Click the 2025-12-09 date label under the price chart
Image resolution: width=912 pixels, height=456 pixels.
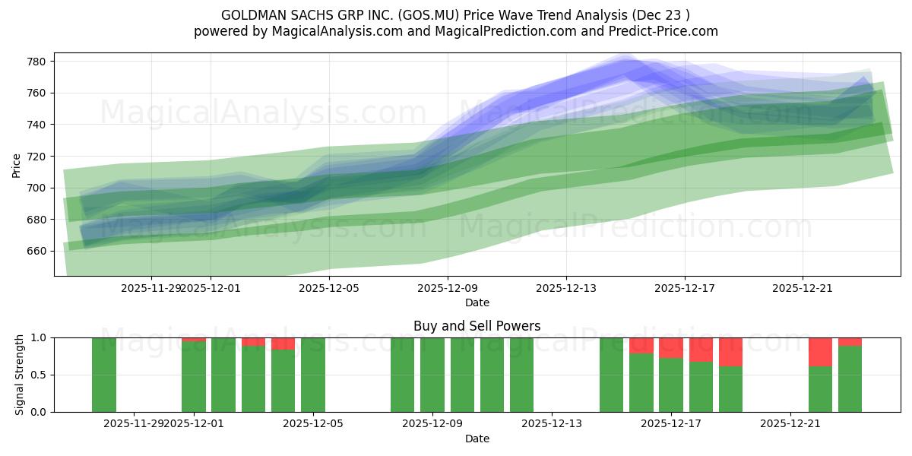[448, 288]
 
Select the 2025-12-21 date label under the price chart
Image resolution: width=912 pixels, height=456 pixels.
[803, 288]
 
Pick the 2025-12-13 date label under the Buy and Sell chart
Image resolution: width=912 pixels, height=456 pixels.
[551, 424]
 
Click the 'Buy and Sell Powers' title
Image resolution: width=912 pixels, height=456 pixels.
[477, 326]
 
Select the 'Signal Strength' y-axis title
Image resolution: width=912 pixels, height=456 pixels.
[20, 375]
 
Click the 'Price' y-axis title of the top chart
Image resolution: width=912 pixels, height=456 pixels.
[17, 164]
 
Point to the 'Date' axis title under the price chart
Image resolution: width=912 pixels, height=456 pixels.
[477, 302]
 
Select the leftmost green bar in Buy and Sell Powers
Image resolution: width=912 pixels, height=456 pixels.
[104, 375]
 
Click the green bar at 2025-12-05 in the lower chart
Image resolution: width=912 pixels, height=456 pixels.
[313, 375]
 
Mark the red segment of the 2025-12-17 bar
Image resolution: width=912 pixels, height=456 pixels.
[671, 347]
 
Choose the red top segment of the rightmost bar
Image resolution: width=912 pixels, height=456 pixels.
[850, 341]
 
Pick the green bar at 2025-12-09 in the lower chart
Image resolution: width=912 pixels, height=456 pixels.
[432, 375]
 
